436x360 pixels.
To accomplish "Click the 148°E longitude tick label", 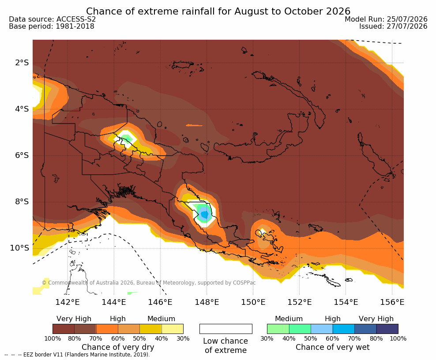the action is pos(207,302).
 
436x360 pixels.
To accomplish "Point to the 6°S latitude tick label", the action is pos(22,155).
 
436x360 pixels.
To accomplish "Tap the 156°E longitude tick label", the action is pos(392,302).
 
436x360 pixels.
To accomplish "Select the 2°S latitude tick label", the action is pos(22,63).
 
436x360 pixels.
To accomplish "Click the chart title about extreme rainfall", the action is pos(218,11).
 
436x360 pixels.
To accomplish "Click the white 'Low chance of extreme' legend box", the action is pos(226,329).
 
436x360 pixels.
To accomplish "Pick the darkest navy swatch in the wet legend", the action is pos(387,329).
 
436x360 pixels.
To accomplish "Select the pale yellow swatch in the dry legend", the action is pos(173,329).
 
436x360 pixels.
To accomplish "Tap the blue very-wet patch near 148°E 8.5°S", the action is pos(205,214).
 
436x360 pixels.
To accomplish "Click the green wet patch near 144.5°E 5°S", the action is pos(127,138).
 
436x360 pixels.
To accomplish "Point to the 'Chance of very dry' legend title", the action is pos(118,347).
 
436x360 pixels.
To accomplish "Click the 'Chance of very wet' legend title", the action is pos(333,347).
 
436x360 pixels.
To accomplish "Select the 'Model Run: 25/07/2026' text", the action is pos(386,19).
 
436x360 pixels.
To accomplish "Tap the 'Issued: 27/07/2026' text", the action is pos(393,26).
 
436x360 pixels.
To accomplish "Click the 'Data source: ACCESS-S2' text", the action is pos(52,19).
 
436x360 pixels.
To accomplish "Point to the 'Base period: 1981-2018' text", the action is pos(52,26).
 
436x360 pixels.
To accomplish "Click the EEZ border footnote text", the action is pos(77,355).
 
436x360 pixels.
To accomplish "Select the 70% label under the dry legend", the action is pos(96,338).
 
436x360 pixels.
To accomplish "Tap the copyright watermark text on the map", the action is pos(148,283).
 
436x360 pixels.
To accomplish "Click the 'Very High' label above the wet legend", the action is pos(376,319).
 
